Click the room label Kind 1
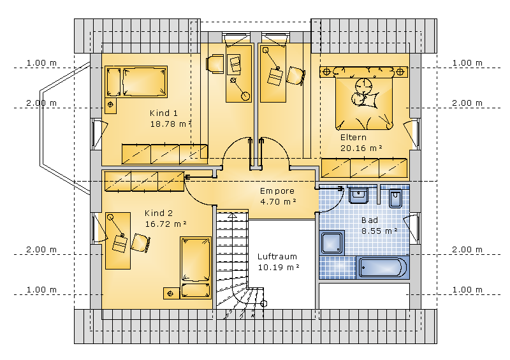164,113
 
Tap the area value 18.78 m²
171,124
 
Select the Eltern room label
353,137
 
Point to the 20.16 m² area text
361,148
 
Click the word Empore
277,191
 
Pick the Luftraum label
277,257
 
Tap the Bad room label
370,220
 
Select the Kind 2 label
159,213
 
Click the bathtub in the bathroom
382,268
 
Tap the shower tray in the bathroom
332,243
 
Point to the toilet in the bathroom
395,198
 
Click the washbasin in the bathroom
358,195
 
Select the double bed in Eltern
364,98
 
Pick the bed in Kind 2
196,268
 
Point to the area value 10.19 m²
279,268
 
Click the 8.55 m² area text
379,231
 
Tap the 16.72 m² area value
166,224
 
